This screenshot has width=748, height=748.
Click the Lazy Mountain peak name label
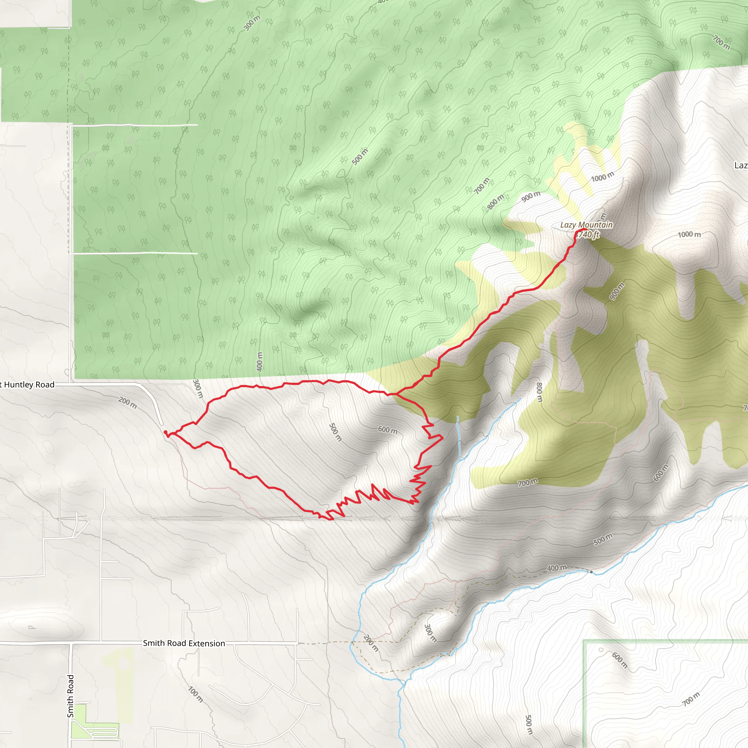pos(586,225)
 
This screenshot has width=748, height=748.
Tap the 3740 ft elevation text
pos(588,234)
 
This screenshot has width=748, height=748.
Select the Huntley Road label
pos(28,385)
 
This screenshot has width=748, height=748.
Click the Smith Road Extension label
pos(184,643)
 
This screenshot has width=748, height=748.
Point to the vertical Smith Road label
pos(70,696)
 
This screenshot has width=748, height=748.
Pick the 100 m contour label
pos(195,694)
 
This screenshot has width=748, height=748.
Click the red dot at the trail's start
pos(165,432)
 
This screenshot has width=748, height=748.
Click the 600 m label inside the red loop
pos(388,430)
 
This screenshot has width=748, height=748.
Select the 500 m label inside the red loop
pos(335,432)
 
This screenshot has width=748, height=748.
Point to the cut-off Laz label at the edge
pos(741,166)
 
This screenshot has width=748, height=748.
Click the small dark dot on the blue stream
pos(591,572)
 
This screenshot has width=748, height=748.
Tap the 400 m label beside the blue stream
pos(557,568)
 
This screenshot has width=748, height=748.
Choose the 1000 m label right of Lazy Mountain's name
pos(689,234)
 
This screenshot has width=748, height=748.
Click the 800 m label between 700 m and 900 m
pos(496,202)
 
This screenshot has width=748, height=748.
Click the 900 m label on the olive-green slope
pos(617,291)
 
